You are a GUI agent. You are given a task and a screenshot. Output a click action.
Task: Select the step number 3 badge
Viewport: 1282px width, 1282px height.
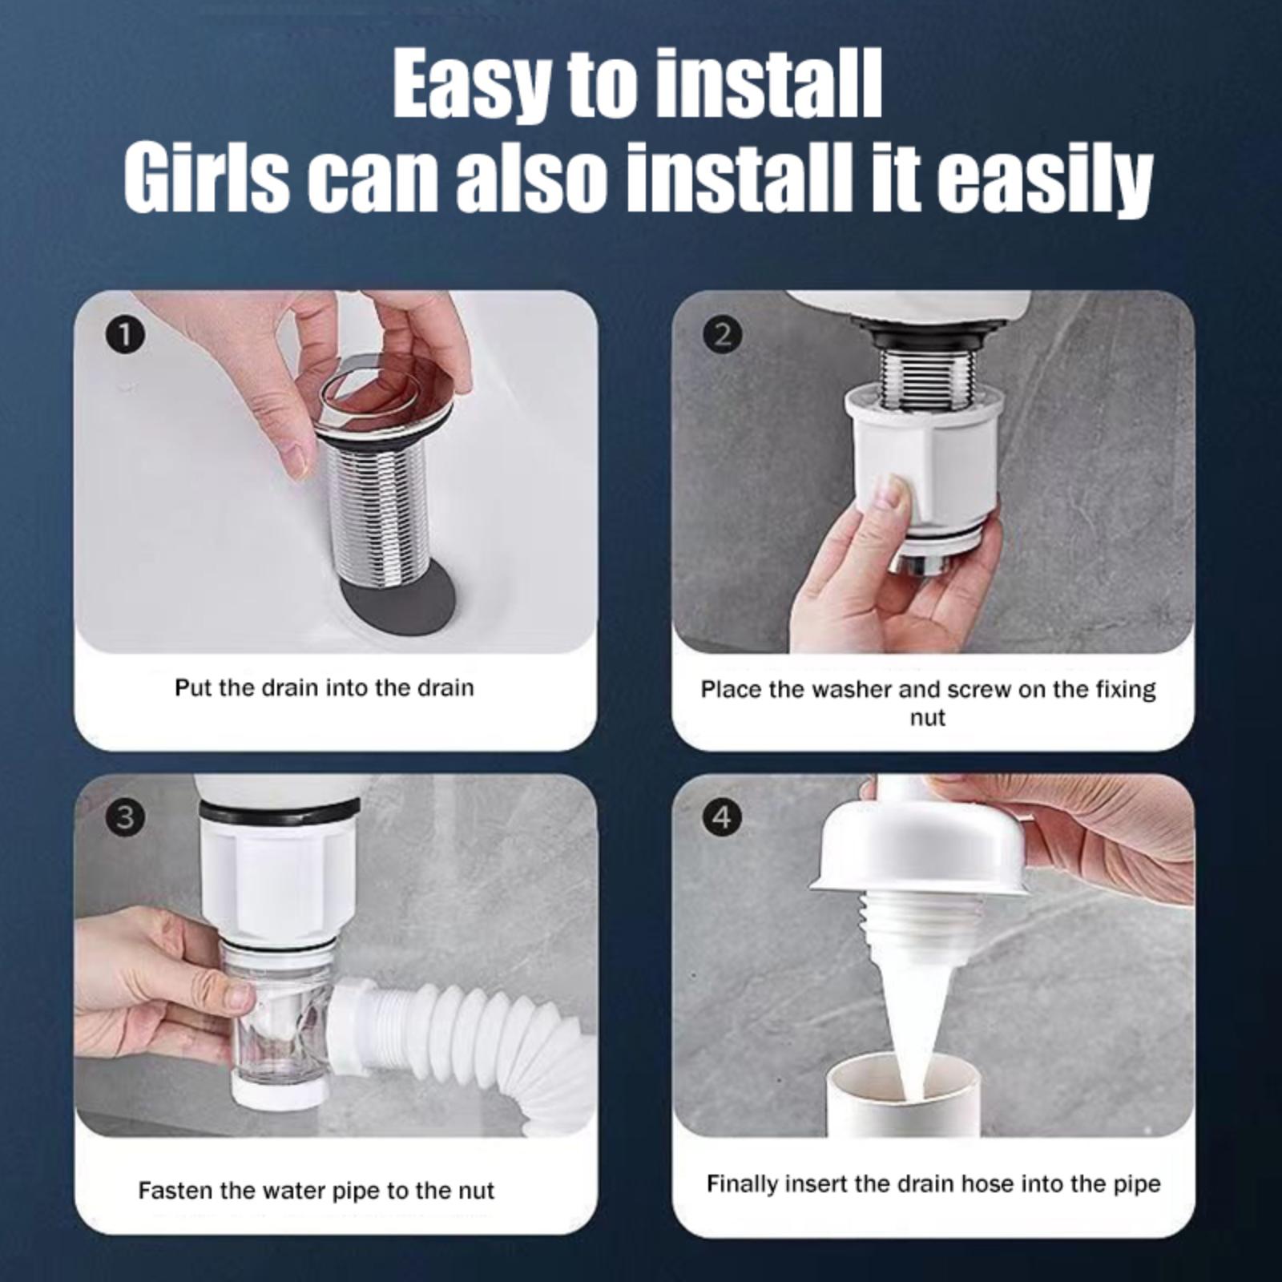pos(124,818)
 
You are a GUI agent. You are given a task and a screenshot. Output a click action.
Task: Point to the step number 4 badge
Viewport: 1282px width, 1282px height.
pos(722,818)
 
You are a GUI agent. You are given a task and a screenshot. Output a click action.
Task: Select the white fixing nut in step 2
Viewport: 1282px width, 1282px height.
pos(921,466)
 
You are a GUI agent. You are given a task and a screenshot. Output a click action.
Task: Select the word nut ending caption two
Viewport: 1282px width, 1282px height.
pos(927,718)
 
